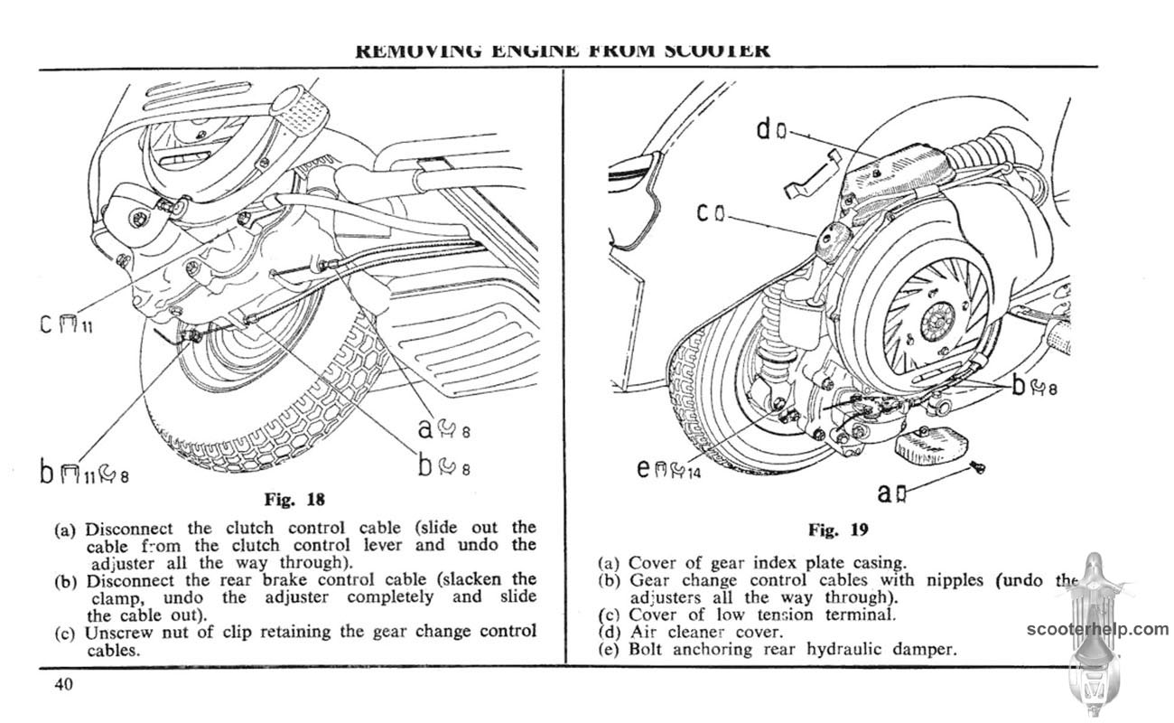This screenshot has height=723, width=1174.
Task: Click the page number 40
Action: pos(62,684)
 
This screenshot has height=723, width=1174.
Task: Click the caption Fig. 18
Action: pos(293,499)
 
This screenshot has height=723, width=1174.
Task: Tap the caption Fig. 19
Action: pos(837,530)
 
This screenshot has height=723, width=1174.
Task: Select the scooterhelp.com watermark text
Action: pos(1096,630)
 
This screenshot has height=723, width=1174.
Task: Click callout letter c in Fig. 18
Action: pos(45,323)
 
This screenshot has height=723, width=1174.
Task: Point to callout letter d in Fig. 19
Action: pos(763,130)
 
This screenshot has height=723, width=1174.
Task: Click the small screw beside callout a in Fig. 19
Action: pos(977,466)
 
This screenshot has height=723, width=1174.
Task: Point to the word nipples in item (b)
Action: pos(954,580)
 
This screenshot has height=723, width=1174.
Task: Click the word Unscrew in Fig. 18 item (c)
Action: pos(116,632)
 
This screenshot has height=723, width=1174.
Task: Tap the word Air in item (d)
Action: pos(644,632)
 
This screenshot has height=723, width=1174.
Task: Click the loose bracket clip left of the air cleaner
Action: pos(812,174)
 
